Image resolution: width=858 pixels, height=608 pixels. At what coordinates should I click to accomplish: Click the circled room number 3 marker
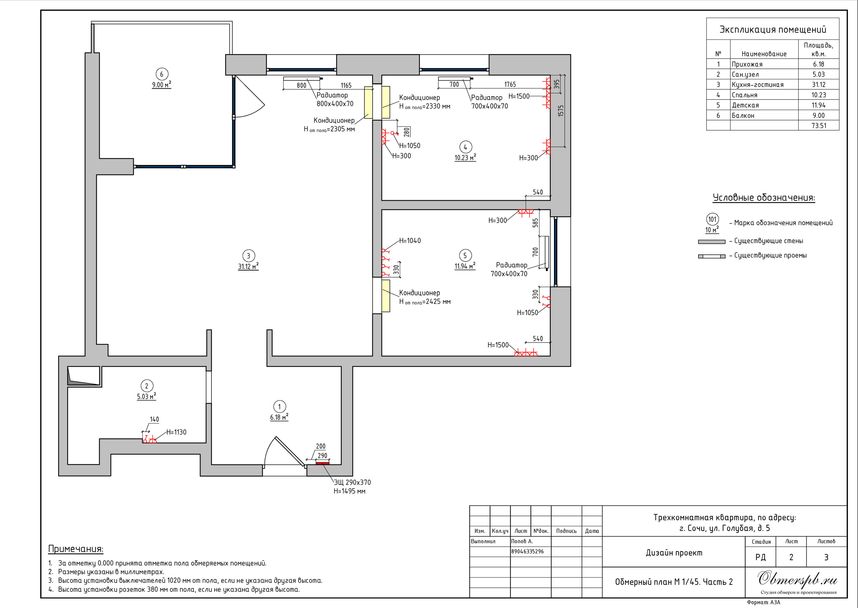tap(248, 256)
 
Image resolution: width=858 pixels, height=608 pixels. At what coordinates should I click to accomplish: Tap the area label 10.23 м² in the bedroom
tap(465, 158)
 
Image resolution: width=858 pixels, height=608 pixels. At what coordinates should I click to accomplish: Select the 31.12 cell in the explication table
tap(819, 85)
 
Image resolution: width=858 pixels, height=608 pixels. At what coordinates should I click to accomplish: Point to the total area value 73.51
tap(819, 126)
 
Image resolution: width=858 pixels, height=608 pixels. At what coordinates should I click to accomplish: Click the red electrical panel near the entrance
tap(322, 463)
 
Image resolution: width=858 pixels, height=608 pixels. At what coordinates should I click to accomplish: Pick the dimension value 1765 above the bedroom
tap(510, 85)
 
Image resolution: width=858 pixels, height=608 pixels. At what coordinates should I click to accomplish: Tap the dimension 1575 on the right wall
tap(560, 111)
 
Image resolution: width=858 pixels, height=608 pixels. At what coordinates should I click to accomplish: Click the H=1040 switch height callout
tap(410, 241)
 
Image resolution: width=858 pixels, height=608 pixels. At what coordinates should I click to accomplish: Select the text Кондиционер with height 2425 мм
tap(419, 293)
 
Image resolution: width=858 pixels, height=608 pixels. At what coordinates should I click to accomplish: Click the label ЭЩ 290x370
tap(352, 482)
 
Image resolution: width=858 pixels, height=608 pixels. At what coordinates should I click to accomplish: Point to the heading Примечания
tap(76, 549)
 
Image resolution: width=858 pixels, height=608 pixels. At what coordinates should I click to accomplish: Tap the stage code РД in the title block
tap(760, 557)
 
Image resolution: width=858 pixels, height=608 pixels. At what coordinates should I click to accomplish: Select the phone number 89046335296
tap(528, 551)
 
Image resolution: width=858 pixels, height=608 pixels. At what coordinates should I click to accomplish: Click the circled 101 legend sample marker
tap(712, 219)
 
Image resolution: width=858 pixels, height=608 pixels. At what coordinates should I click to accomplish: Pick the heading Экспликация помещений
tap(773, 29)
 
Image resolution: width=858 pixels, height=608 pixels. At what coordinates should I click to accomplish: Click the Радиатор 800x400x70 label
tap(334, 99)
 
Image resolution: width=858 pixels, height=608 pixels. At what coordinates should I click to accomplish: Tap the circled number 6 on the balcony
tap(162, 74)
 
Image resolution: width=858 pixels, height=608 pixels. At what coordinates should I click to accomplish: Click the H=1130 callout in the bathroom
tap(176, 432)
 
